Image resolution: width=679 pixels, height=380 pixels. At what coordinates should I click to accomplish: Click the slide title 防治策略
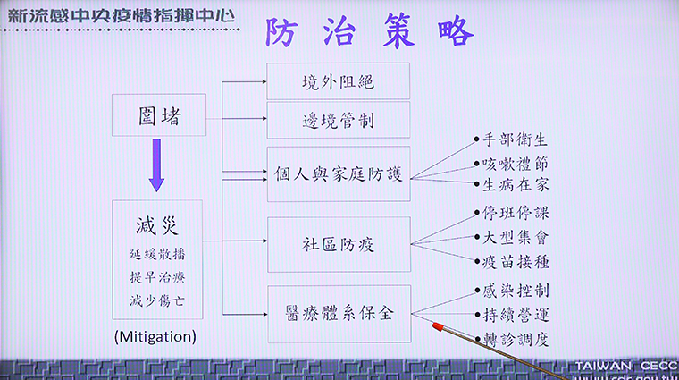pos(368,31)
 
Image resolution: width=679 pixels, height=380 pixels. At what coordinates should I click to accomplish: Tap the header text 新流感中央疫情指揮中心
pos(121,15)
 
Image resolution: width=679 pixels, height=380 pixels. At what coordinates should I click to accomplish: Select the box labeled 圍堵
pos(159,114)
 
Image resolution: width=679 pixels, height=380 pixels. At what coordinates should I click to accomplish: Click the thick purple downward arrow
pos(156,165)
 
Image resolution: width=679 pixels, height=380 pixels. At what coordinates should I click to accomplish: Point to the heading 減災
pos(156,225)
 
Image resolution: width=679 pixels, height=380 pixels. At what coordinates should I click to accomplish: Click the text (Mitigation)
pos(155,337)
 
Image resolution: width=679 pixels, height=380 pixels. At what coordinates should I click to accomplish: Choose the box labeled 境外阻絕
pos(339,81)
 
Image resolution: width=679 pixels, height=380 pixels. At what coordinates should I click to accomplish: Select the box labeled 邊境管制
pos(339,120)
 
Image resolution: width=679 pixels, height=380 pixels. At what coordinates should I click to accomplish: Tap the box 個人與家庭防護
pos(339,173)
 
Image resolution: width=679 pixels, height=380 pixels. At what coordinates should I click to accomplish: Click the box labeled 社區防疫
pos(339,244)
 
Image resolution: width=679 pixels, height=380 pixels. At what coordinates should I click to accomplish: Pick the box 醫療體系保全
pos(339,314)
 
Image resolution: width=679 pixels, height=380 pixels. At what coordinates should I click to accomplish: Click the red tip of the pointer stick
pos(438,326)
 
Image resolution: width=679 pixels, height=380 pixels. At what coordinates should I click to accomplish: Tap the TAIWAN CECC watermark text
pos(626,366)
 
